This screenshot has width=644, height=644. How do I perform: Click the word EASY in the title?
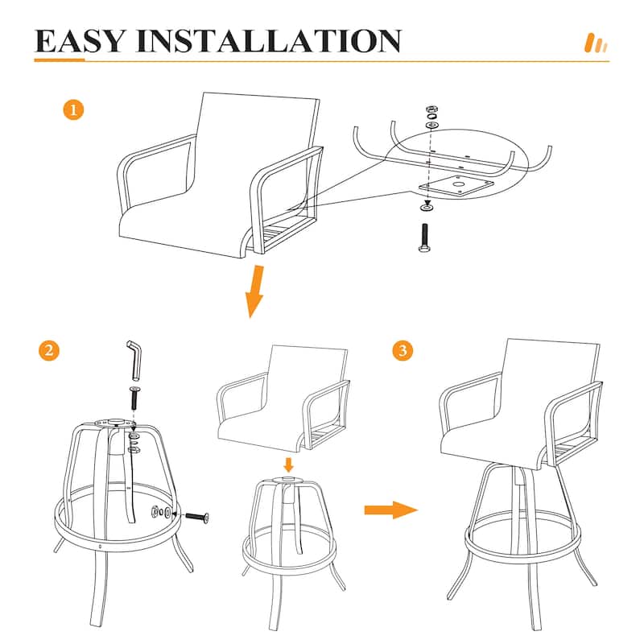click(79, 41)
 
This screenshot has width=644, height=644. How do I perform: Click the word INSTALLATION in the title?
click(269, 41)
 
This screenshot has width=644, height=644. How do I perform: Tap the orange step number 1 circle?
click(73, 110)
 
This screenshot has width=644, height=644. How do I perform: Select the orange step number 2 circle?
click(49, 350)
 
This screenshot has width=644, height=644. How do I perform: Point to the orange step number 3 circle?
click(402, 350)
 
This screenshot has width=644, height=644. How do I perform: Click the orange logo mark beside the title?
click(596, 43)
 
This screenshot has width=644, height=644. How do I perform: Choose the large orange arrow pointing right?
click(390, 510)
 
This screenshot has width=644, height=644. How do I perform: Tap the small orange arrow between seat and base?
click(289, 465)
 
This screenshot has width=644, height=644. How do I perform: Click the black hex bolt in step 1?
click(425, 237)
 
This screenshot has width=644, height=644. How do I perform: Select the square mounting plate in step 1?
click(456, 186)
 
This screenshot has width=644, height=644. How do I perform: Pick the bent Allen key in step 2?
click(135, 360)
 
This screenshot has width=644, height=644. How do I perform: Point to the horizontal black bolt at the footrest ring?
click(197, 517)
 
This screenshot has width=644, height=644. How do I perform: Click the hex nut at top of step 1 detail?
click(431, 109)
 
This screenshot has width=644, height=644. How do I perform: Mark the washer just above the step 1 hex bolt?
click(427, 208)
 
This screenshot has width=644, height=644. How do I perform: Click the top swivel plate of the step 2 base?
click(114, 423)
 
